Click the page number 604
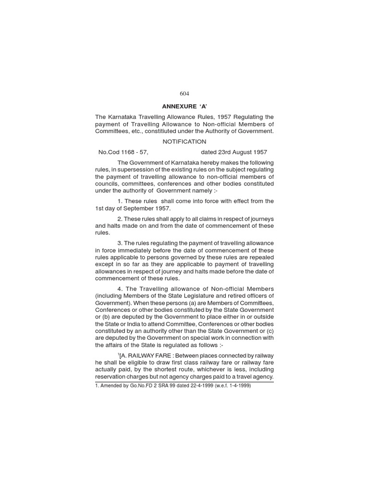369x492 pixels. click(184, 94)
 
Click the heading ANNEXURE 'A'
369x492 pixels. click(184, 106)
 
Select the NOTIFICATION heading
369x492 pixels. click(184, 142)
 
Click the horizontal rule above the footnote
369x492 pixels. click(184, 381)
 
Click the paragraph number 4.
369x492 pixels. click(119, 289)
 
